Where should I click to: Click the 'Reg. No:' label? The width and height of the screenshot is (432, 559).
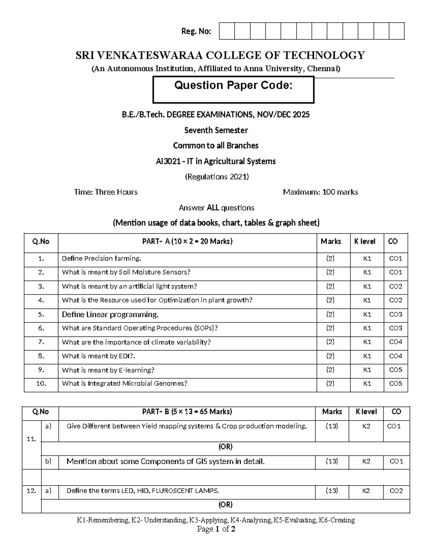pyautogui.click(x=196, y=31)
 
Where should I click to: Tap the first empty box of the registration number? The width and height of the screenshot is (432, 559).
pyautogui.click(x=226, y=31)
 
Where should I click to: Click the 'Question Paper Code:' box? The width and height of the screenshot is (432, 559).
pyautogui.click(x=233, y=90)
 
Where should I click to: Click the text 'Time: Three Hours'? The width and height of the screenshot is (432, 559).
pyautogui.click(x=105, y=192)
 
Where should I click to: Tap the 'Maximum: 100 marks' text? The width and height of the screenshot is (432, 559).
pyautogui.click(x=320, y=192)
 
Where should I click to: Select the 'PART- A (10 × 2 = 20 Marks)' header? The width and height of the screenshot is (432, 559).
pyautogui.click(x=187, y=242)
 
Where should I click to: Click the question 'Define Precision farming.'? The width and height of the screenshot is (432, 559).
pyautogui.click(x=102, y=258)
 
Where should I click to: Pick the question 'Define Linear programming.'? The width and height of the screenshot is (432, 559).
pyautogui.click(x=110, y=315)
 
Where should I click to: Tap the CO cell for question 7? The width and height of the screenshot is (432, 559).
pyautogui.click(x=395, y=342)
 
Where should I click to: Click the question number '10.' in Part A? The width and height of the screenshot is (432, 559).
pyautogui.click(x=41, y=384)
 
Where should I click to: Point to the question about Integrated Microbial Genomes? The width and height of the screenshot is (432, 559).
pyautogui.click(x=125, y=384)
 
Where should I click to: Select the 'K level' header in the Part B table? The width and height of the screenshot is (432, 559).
pyautogui.click(x=366, y=412)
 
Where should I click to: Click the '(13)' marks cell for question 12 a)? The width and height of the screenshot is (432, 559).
pyautogui.click(x=332, y=491)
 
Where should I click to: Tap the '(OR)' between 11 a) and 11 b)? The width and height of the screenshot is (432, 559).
pyautogui.click(x=225, y=447)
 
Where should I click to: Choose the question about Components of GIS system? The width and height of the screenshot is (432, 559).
pyautogui.click(x=166, y=461)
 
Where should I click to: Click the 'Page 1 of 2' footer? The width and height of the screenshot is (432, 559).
pyautogui.click(x=216, y=529)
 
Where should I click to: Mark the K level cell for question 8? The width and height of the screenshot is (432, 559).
pyautogui.click(x=367, y=356)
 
